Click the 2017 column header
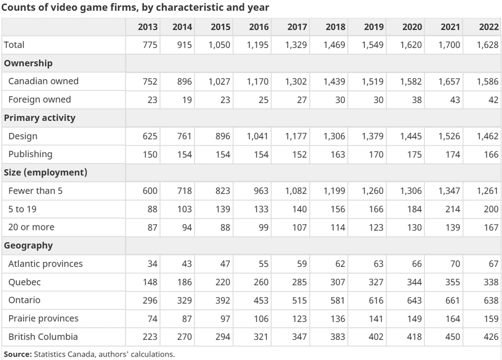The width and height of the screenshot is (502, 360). point(297,27)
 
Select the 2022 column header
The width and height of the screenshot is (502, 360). point(489,27)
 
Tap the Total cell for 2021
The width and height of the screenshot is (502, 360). point(449,45)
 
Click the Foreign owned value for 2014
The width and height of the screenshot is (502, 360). point(187,100)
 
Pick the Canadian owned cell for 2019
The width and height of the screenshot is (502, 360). point(372,81)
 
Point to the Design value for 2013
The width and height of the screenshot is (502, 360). point(150,136)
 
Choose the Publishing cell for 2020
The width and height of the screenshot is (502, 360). point(414,155)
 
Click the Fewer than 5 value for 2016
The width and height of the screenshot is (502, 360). point(261,191)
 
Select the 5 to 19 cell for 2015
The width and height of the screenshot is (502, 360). point(223,209)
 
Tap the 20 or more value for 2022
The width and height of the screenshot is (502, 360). point(491,227)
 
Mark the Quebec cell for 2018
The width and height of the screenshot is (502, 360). point(338,282)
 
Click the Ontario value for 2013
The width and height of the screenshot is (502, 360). point(150,300)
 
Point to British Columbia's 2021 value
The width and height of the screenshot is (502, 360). point(453,337)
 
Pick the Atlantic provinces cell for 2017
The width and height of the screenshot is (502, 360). point(302,264)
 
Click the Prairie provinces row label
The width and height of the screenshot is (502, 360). point(44,319)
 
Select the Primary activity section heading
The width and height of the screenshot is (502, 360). point(40,118)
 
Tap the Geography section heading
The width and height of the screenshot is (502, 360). point(28,246)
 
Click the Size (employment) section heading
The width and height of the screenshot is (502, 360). point(46,173)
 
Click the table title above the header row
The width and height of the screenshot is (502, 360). point(135,8)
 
